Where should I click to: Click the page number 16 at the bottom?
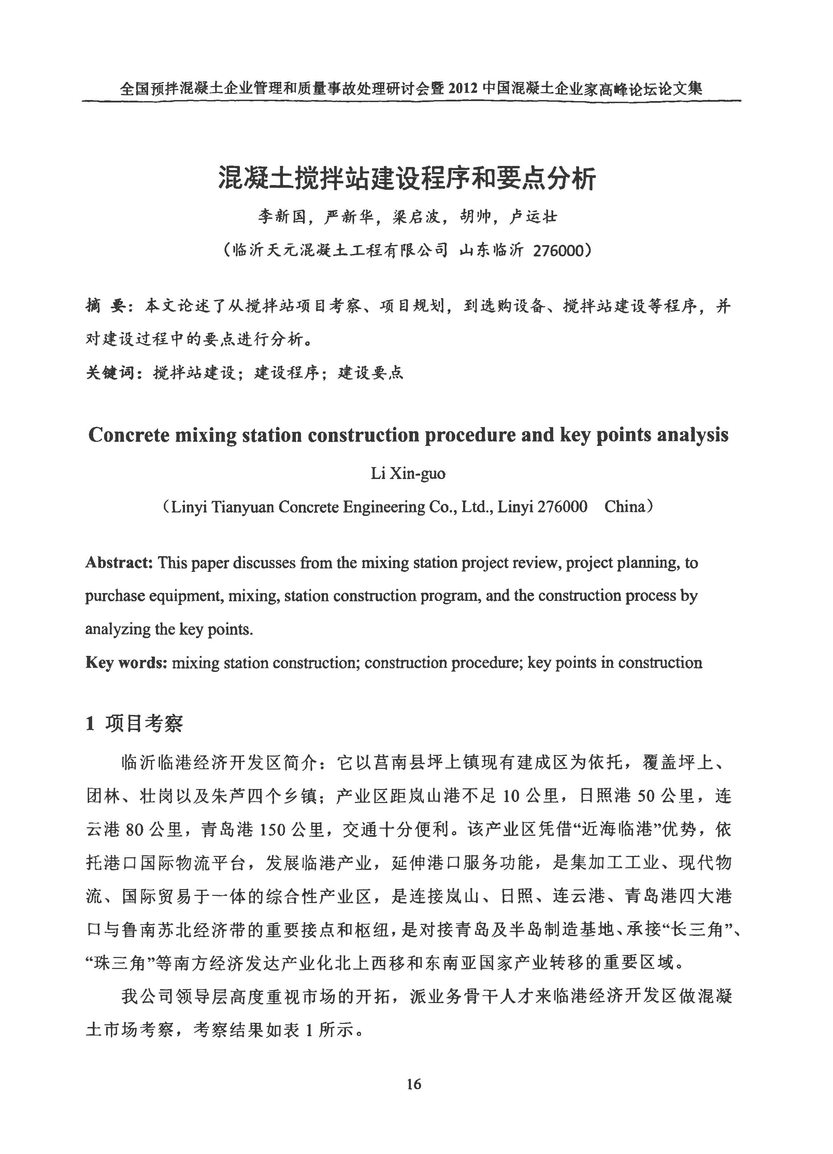[x=414, y=1085]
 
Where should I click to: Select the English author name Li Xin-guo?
[x=408, y=474]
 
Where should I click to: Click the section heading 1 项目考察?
[x=135, y=723]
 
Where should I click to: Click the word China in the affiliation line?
[x=625, y=507]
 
